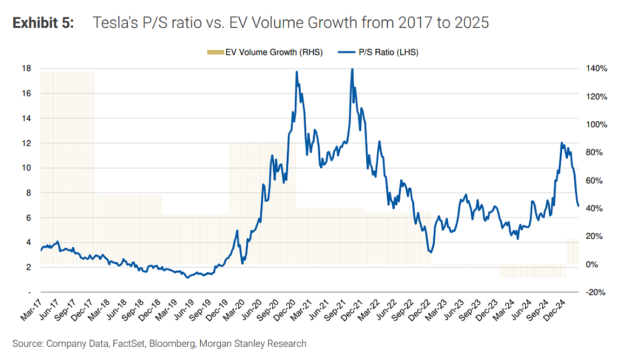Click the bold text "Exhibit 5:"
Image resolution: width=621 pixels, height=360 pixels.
(43, 22)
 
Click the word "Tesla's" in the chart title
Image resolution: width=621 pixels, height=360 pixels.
(115, 22)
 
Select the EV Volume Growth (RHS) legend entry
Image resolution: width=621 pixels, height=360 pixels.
(264, 52)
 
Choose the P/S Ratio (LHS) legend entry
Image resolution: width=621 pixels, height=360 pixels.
(378, 52)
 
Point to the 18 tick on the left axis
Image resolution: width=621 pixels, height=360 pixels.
(26, 68)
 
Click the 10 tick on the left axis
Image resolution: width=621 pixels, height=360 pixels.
(26, 168)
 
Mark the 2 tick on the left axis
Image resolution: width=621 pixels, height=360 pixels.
(29, 267)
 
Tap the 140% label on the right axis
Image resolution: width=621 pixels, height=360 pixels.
(597, 68)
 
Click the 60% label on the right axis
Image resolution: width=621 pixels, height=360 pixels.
(594, 181)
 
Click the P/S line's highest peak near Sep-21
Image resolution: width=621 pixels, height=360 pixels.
(352, 70)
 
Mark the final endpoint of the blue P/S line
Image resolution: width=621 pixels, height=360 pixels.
(579, 205)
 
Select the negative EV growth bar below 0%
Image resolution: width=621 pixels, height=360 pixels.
(532, 271)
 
